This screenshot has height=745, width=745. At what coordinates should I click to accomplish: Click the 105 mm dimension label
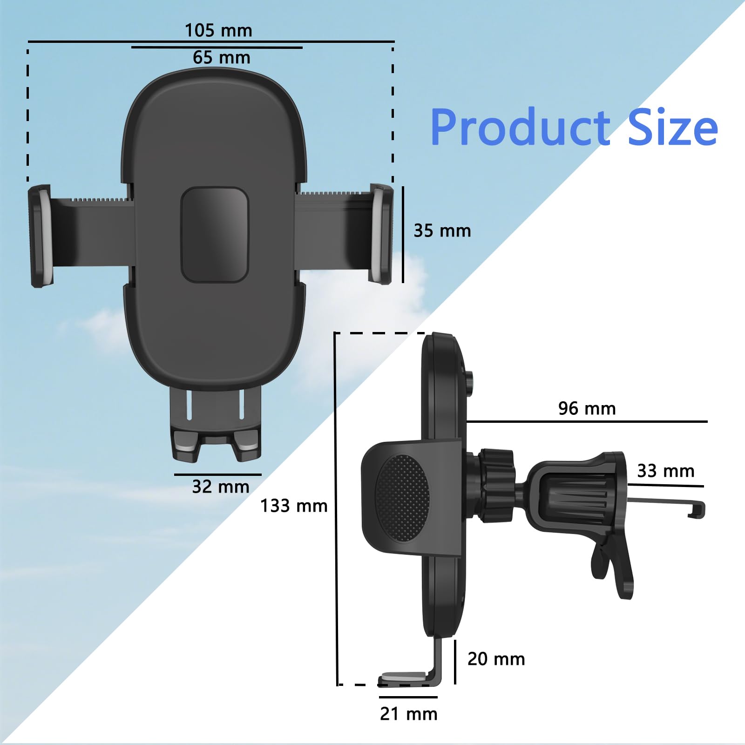218,31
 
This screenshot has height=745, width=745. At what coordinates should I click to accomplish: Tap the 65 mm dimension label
222,58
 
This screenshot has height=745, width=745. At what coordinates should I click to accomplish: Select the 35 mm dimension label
442,231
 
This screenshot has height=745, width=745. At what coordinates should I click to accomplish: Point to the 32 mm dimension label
221,487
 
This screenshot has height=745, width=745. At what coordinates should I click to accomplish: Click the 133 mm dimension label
294,506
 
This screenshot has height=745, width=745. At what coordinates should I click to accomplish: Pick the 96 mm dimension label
587,409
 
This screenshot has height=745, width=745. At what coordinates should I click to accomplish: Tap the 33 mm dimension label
666,471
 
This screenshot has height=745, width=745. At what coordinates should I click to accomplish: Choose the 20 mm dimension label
496,659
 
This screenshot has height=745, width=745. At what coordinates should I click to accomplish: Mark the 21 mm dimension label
409,714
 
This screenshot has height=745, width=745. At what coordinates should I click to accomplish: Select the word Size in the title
672,128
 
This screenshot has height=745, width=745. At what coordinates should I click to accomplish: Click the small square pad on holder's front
215,235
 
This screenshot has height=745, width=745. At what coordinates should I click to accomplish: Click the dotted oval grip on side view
402,498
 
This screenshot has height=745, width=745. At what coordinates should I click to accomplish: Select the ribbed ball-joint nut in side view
496,484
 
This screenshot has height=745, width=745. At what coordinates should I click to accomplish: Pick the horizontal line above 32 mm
218,475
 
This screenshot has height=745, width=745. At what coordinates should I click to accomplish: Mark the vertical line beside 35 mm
403,235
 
